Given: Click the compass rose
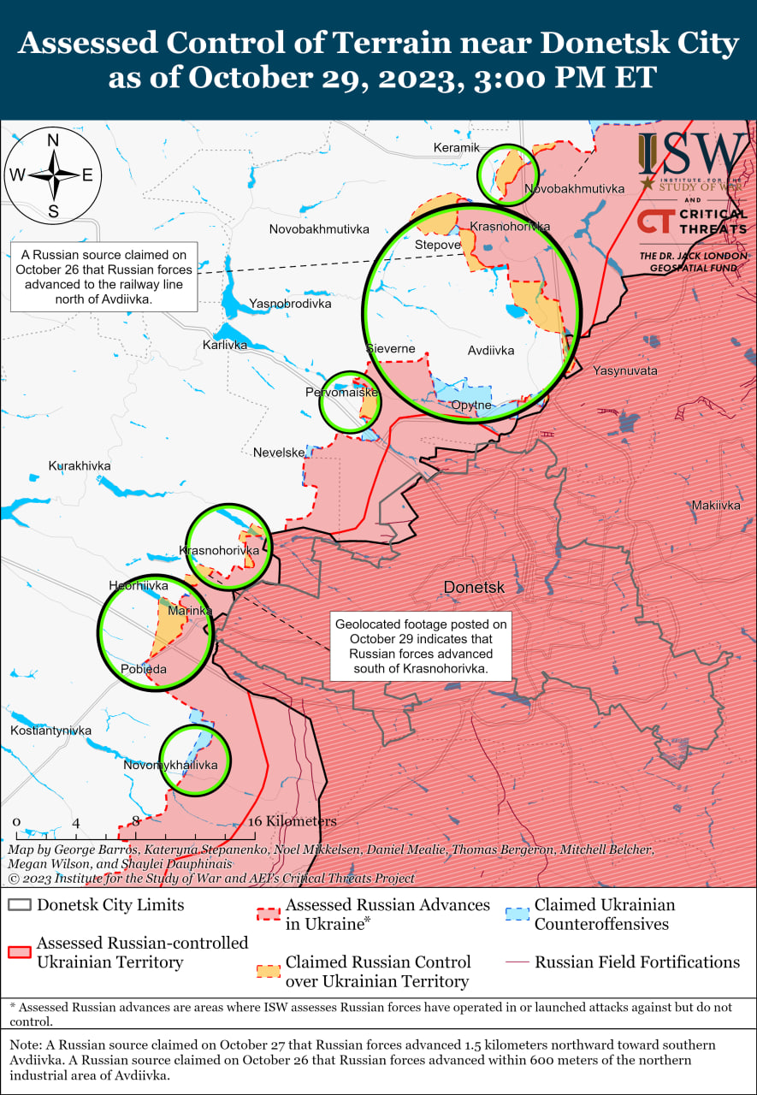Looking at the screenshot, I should coord(53,175).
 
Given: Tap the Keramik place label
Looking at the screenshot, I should coord(456,148).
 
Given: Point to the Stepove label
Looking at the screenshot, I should coord(437,245).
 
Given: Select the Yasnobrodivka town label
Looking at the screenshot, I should coord(289,304).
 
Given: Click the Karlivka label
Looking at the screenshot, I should coord(225,345).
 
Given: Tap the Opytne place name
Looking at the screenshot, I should coord(471,405).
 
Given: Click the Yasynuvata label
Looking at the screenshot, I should coord(625,370).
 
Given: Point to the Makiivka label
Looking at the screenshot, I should coord(716,506).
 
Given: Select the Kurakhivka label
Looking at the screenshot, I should coord(80,465).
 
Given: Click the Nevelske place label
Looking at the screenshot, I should coord(279,453).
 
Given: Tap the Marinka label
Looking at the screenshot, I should coord(190,611).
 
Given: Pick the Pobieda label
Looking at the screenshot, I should coord(144,669).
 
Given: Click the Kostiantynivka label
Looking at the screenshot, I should coord(50,731).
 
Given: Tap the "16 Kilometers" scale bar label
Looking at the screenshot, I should coord(292,821).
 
